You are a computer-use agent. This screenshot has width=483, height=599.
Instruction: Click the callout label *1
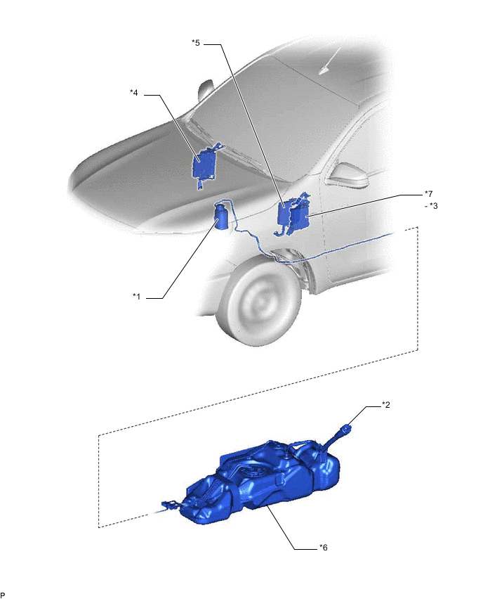137,297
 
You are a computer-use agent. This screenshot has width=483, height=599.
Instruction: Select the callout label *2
386,405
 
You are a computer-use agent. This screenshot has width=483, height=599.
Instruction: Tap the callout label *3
433,206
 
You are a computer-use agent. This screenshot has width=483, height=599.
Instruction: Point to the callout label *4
134,92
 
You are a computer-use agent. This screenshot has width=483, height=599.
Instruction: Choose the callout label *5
196,42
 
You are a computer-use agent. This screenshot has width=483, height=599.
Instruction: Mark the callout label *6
323,548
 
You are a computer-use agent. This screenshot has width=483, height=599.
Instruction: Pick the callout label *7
429,193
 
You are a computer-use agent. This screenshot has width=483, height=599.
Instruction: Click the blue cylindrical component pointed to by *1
221,217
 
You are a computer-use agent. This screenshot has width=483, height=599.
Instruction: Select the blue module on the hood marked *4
206,165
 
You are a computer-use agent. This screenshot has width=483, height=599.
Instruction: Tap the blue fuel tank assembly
260,482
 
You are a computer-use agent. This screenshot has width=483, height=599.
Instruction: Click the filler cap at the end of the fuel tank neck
345,429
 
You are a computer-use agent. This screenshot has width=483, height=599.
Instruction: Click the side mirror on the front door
349,176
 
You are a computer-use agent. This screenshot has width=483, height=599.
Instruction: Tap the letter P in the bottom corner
3,595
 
